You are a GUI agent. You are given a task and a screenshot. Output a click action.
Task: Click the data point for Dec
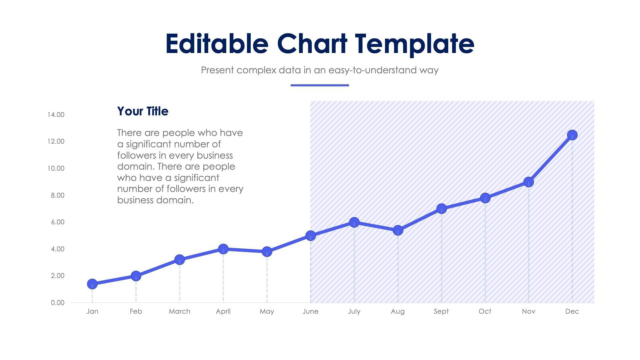[572, 135]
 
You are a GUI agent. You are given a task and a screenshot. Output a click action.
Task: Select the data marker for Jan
[92, 284]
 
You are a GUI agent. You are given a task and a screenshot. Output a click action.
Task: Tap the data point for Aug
[398, 230]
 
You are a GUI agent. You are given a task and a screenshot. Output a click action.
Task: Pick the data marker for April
[223, 249]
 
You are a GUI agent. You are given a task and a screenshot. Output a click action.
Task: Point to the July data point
[354, 222]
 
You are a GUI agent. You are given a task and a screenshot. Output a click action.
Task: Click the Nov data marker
[528, 182]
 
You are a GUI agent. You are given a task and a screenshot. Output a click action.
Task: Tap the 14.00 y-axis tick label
[56, 115]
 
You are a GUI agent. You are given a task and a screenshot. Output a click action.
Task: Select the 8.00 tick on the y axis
[57, 195]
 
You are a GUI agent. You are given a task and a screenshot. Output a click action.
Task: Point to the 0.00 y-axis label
[57, 303]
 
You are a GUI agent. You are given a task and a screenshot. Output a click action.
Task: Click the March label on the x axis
[179, 311]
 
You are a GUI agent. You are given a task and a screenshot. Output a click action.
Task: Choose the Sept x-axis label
[441, 311]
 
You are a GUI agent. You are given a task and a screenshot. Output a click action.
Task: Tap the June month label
[310, 311]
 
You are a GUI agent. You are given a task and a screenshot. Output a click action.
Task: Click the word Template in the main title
[414, 44]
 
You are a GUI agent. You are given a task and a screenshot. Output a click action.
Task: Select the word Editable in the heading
[217, 44]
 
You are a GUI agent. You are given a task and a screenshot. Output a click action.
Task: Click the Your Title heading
[143, 111]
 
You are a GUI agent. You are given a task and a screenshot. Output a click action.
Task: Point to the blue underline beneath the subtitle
[320, 85]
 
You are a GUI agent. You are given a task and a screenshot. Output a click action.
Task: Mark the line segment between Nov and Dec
[550, 158]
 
